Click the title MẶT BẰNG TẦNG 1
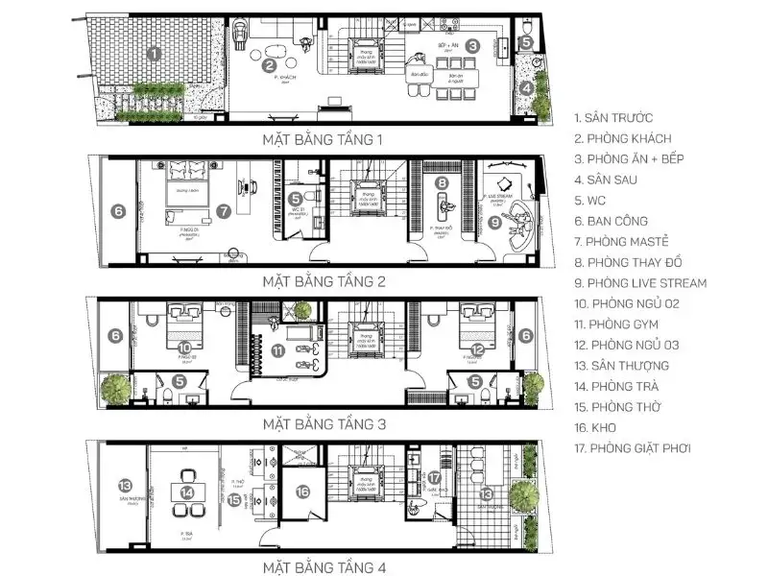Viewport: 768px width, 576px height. click(323, 140)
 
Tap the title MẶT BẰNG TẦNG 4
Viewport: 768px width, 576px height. click(323, 566)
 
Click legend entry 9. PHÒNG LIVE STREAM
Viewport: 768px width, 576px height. click(640, 283)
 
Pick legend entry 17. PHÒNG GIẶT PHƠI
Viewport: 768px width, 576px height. click(633, 448)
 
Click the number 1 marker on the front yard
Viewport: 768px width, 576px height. click(154, 54)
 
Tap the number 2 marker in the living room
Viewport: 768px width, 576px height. click(270, 64)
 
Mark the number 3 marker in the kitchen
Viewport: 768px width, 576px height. click(473, 45)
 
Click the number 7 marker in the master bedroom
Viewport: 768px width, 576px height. click(223, 209)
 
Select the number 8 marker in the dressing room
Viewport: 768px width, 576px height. click(442, 182)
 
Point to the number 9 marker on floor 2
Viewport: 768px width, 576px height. click(495, 223)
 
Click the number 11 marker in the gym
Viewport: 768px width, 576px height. click(278, 351)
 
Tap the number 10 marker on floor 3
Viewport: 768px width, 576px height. click(185, 347)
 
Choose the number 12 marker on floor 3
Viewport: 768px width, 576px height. click(477, 349)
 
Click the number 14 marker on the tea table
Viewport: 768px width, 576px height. click(188, 492)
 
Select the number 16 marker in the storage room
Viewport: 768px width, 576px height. click(303, 492)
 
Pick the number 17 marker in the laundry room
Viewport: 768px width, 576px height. click(434, 477)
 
